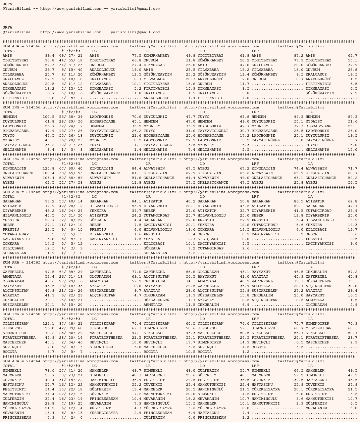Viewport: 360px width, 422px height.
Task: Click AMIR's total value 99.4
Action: click(49, 56)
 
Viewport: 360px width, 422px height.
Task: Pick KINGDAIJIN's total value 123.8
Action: click(48, 169)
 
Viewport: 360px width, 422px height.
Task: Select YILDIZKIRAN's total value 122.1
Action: click(48, 324)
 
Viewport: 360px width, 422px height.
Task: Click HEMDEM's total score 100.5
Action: click(48, 117)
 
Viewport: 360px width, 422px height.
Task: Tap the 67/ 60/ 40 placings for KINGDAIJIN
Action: click(70, 169)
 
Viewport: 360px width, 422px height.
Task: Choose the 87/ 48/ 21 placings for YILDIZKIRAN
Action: click(70, 324)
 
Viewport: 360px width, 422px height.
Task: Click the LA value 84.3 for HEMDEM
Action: click(352, 117)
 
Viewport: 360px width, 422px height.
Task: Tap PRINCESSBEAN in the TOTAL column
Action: click(16, 418)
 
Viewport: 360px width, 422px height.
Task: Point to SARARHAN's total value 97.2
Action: click(49, 201)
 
